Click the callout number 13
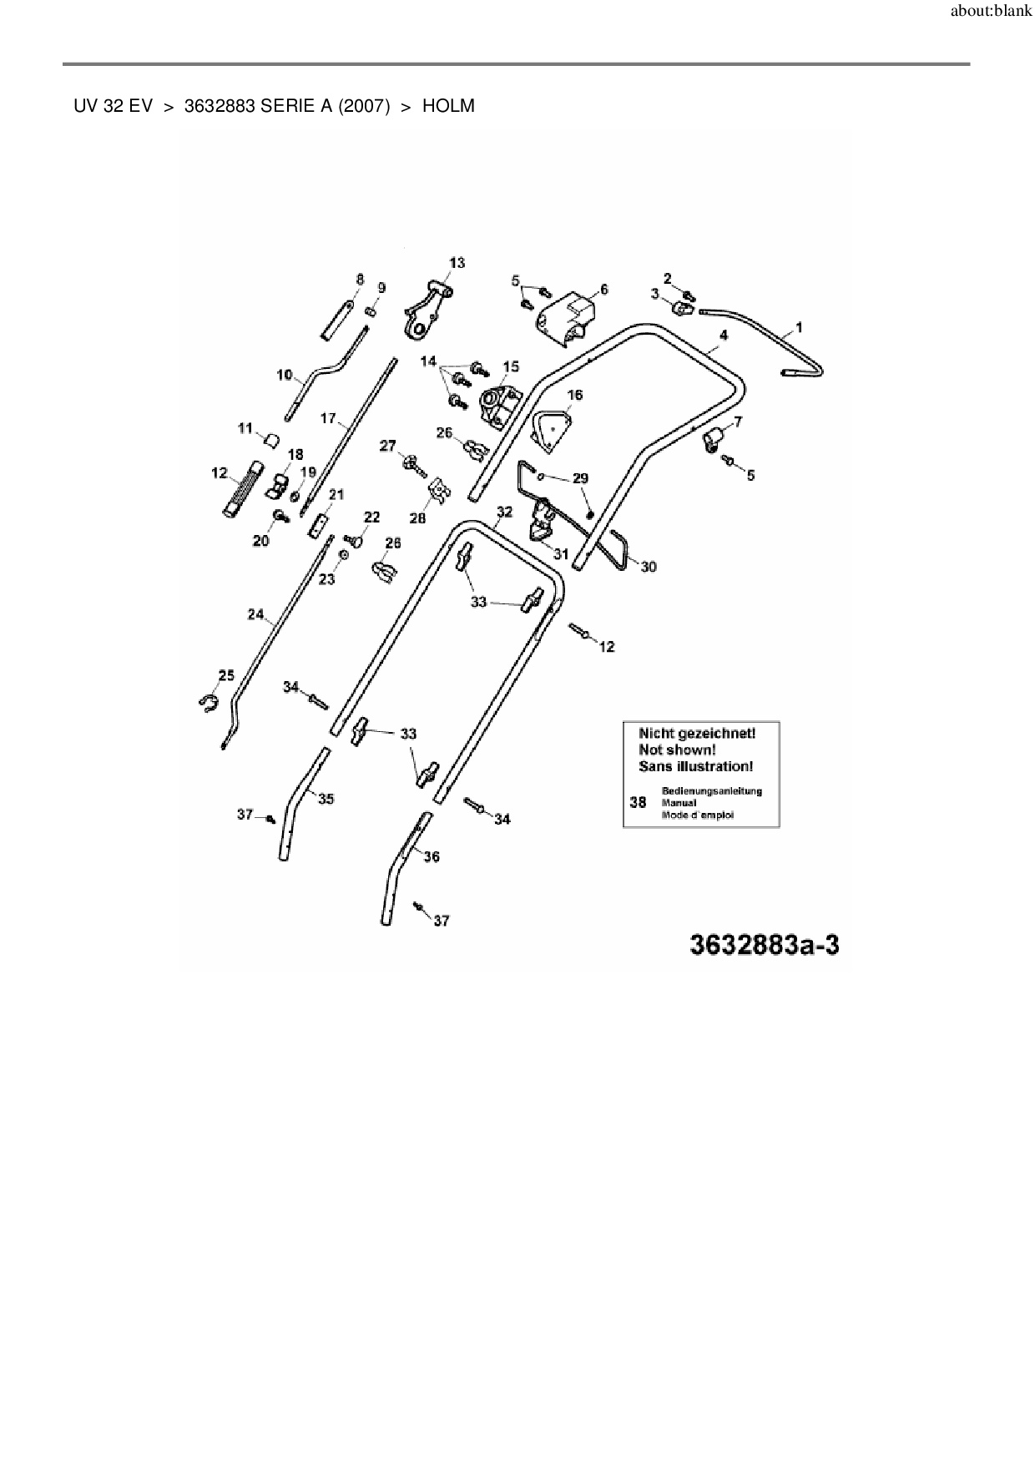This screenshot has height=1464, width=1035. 457,263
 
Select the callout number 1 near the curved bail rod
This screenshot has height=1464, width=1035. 799,328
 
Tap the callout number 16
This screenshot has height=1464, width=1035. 575,395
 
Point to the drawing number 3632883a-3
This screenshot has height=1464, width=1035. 764,945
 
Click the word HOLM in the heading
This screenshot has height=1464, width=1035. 448,106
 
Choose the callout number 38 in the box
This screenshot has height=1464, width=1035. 639,802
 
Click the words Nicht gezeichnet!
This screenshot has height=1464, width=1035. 697,733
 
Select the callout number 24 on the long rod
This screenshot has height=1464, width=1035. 255,615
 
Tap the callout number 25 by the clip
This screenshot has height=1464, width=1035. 226,675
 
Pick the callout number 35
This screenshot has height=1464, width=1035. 326,799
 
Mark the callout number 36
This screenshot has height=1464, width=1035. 432,856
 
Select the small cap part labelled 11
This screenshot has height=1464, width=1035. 270,439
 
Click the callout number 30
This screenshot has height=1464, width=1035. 649,567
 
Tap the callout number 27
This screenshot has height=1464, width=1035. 388,447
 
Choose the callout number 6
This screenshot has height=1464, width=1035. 603,290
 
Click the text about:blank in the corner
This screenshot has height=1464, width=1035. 991,13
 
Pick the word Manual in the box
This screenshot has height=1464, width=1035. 678,803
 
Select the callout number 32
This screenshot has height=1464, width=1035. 504,512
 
